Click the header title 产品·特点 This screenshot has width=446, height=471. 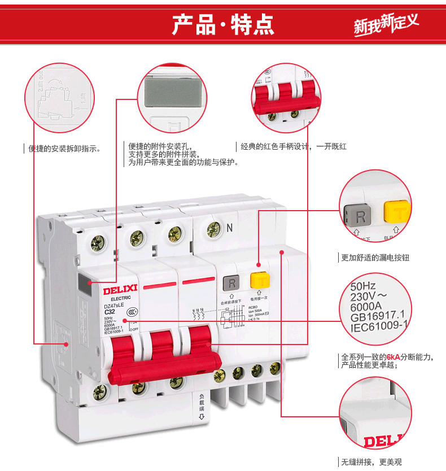(x=222, y=25)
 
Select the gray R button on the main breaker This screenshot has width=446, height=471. (x=231, y=282)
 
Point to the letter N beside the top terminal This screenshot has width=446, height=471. (x=229, y=228)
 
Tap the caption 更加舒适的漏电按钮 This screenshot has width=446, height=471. (x=375, y=258)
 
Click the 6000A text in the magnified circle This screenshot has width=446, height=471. (x=366, y=306)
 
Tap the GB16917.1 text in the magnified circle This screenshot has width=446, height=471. (x=377, y=316)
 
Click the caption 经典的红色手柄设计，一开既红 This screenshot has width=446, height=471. (x=294, y=146)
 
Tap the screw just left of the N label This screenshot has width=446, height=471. (x=213, y=229)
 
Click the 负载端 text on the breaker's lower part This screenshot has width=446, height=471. (x=202, y=403)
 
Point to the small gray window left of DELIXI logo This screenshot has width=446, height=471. (x=90, y=286)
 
